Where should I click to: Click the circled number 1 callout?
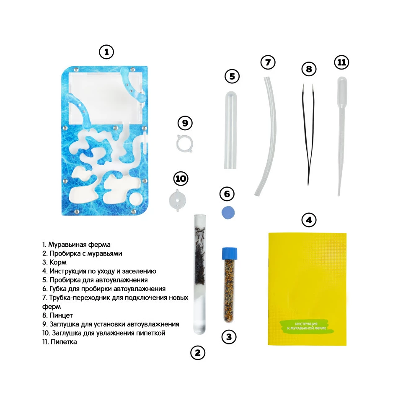(x=106, y=52)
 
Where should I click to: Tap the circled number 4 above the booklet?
(x=309, y=220)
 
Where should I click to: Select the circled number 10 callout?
(x=181, y=178)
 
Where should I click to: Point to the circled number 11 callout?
(x=341, y=62)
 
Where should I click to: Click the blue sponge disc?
(x=228, y=212)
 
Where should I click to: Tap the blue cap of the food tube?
(x=230, y=253)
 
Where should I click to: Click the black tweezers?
(x=308, y=134)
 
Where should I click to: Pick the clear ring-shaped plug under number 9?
(x=184, y=143)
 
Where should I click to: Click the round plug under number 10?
(x=178, y=200)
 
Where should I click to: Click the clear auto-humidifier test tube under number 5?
(x=230, y=130)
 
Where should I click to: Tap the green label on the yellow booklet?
(x=307, y=326)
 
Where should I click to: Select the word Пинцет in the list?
(x=61, y=315)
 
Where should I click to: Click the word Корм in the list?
(x=58, y=262)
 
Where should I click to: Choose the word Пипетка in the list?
(x=64, y=341)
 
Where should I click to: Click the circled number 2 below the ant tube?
(x=198, y=353)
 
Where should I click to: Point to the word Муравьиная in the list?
(x=67, y=245)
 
